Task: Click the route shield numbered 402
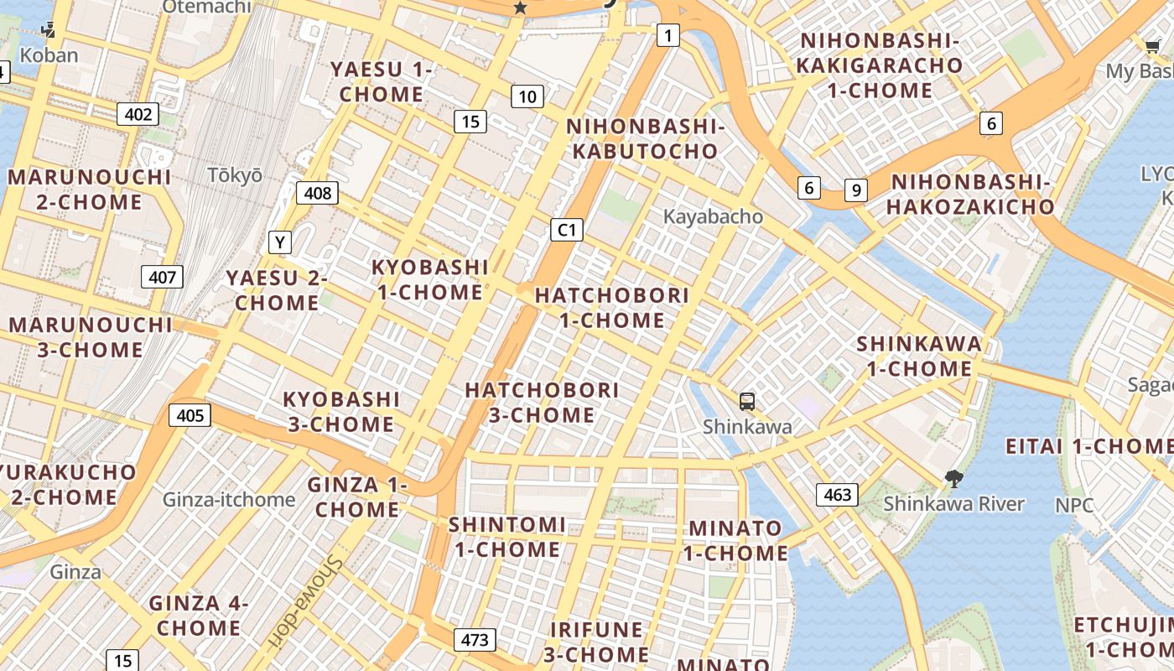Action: coord(138,114)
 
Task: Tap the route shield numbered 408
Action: coord(317,193)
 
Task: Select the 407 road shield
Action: coord(162,277)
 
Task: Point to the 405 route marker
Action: coord(190,414)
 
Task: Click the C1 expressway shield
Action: coord(567,230)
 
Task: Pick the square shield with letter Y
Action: coord(280,243)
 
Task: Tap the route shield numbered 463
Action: coord(837,495)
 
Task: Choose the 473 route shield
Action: coord(474,640)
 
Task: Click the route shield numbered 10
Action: coord(527,96)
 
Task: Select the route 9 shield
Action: coord(855,190)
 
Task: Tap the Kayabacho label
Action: coord(713,216)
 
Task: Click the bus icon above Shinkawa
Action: coord(746,402)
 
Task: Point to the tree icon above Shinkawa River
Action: coord(953,480)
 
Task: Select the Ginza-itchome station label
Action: coord(229,500)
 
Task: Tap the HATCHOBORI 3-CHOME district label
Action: coord(542,403)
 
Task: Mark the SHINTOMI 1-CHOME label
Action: coord(506,537)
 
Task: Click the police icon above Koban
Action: coord(48,32)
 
